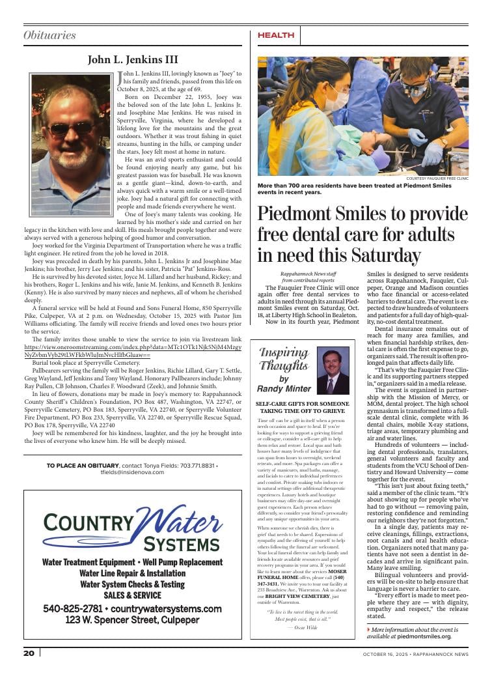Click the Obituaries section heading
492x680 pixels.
[x=49, y=35]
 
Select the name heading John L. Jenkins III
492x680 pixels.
[x=133, y=60]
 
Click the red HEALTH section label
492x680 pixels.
[x=276, y=35]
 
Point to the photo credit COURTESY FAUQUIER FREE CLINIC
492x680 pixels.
[x=437, y=178]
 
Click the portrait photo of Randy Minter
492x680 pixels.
[x=333, y=371]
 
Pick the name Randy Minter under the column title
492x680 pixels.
[x=284, y=388]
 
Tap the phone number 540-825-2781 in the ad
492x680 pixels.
[x=73, y=608]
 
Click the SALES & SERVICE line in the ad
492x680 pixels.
[x=133, y=595]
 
